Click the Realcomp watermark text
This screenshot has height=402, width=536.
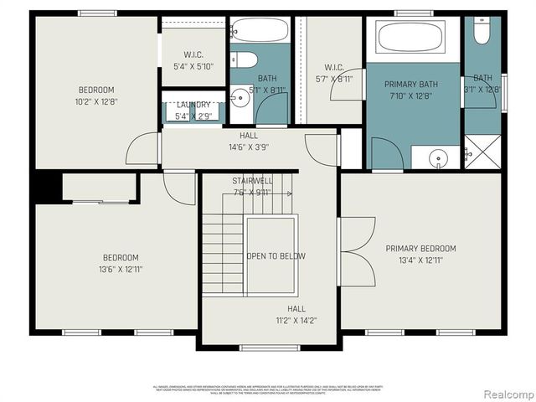(504, 393)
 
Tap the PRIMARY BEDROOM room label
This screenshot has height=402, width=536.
(420, 249)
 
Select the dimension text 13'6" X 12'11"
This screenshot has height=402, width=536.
(121, 269)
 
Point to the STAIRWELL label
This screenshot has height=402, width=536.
(252, 181)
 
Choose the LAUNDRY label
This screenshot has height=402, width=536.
(193, 105)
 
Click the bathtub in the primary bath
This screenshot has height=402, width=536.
(410, 38)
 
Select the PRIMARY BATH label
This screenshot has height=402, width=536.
(410, 85)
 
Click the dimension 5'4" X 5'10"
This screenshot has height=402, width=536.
(193, 66)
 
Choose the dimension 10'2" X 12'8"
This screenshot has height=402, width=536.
(97, 102)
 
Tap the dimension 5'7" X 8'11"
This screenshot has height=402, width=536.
(333, 79)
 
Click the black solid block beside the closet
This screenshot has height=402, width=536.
(47, 186)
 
